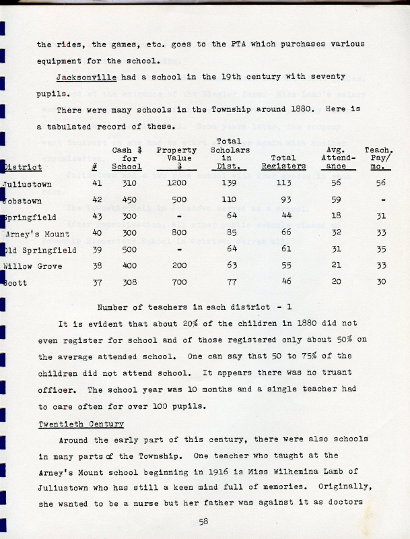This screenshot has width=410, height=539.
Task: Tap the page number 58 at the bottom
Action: (x=205, y=521)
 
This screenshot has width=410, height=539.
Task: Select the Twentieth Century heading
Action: (x=81, y=424)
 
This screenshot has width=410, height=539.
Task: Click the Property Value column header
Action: (x=176, y=159)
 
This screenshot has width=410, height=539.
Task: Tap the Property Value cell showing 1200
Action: (x=176, y=183)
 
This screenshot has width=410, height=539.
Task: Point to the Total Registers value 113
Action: (x=284, y=183)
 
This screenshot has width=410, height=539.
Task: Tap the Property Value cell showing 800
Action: (x=176, y=233)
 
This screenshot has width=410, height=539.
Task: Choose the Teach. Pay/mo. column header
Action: (x=381, y=158)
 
